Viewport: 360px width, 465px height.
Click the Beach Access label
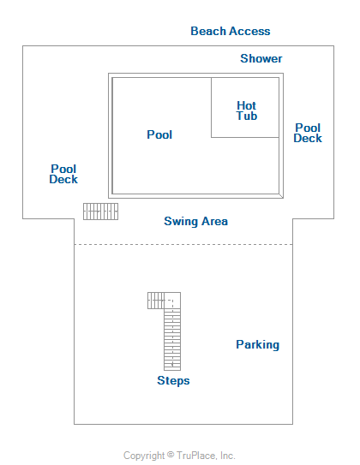[x=231, y=31]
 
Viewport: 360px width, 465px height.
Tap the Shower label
[x=261, y=58]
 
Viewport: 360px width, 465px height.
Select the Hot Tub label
[x=247, y=110]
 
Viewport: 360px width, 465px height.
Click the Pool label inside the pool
[x=159, y=134]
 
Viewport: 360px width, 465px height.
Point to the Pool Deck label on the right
[x=308, y=133]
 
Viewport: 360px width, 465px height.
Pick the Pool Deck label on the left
[x=63, y=174]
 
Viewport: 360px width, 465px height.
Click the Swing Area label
[x=196, y=221]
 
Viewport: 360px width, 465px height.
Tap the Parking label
[x=258, y=344]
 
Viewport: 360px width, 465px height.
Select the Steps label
[x=173, y=380]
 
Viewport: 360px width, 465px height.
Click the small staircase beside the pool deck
[x=100, y=212]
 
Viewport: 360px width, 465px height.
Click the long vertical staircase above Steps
[x=172, y=340]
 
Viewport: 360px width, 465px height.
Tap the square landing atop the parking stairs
[x=172, y=301]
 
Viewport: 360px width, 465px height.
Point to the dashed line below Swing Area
[x=183, y=245]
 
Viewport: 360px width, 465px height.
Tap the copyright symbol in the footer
[x=171, y=455]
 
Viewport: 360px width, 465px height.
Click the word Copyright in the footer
[x=144, y=456]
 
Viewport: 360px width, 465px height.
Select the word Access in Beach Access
[x=249, y=31]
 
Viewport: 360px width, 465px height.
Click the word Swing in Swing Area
[x=181, y=222]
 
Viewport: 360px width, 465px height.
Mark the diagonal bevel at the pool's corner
[x=281, y=196]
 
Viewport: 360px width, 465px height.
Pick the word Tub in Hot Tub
[x=247, y=116]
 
